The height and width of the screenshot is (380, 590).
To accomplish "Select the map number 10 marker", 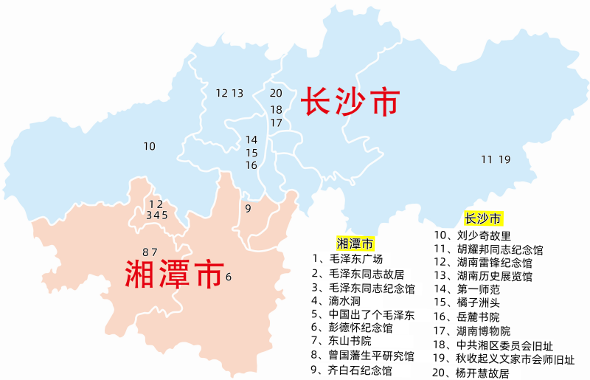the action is tap(150, 146).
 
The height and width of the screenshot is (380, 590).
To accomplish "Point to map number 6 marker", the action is tap(229, 277).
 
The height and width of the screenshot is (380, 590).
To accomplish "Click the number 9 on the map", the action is tap(248, 208).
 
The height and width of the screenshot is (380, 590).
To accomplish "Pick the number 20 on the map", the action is tap(276, 93).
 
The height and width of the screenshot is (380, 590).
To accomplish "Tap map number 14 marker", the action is tap(251, 139).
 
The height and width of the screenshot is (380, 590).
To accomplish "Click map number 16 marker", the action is tap(251, 165).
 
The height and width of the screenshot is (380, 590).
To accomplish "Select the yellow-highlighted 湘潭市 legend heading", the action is tap(355, 243).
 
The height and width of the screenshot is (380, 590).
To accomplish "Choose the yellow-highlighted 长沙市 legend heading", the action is tap(483, 218).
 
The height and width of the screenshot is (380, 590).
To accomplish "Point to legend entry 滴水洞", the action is tap(350, 300).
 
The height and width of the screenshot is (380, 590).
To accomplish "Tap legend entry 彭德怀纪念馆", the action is tap(362, 328).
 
